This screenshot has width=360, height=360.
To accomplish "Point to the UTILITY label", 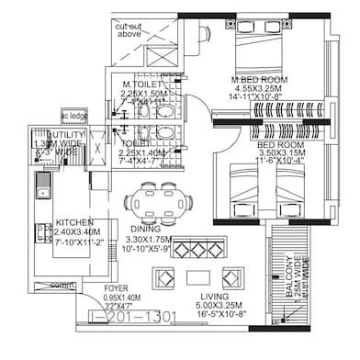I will [x=65, y=135].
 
